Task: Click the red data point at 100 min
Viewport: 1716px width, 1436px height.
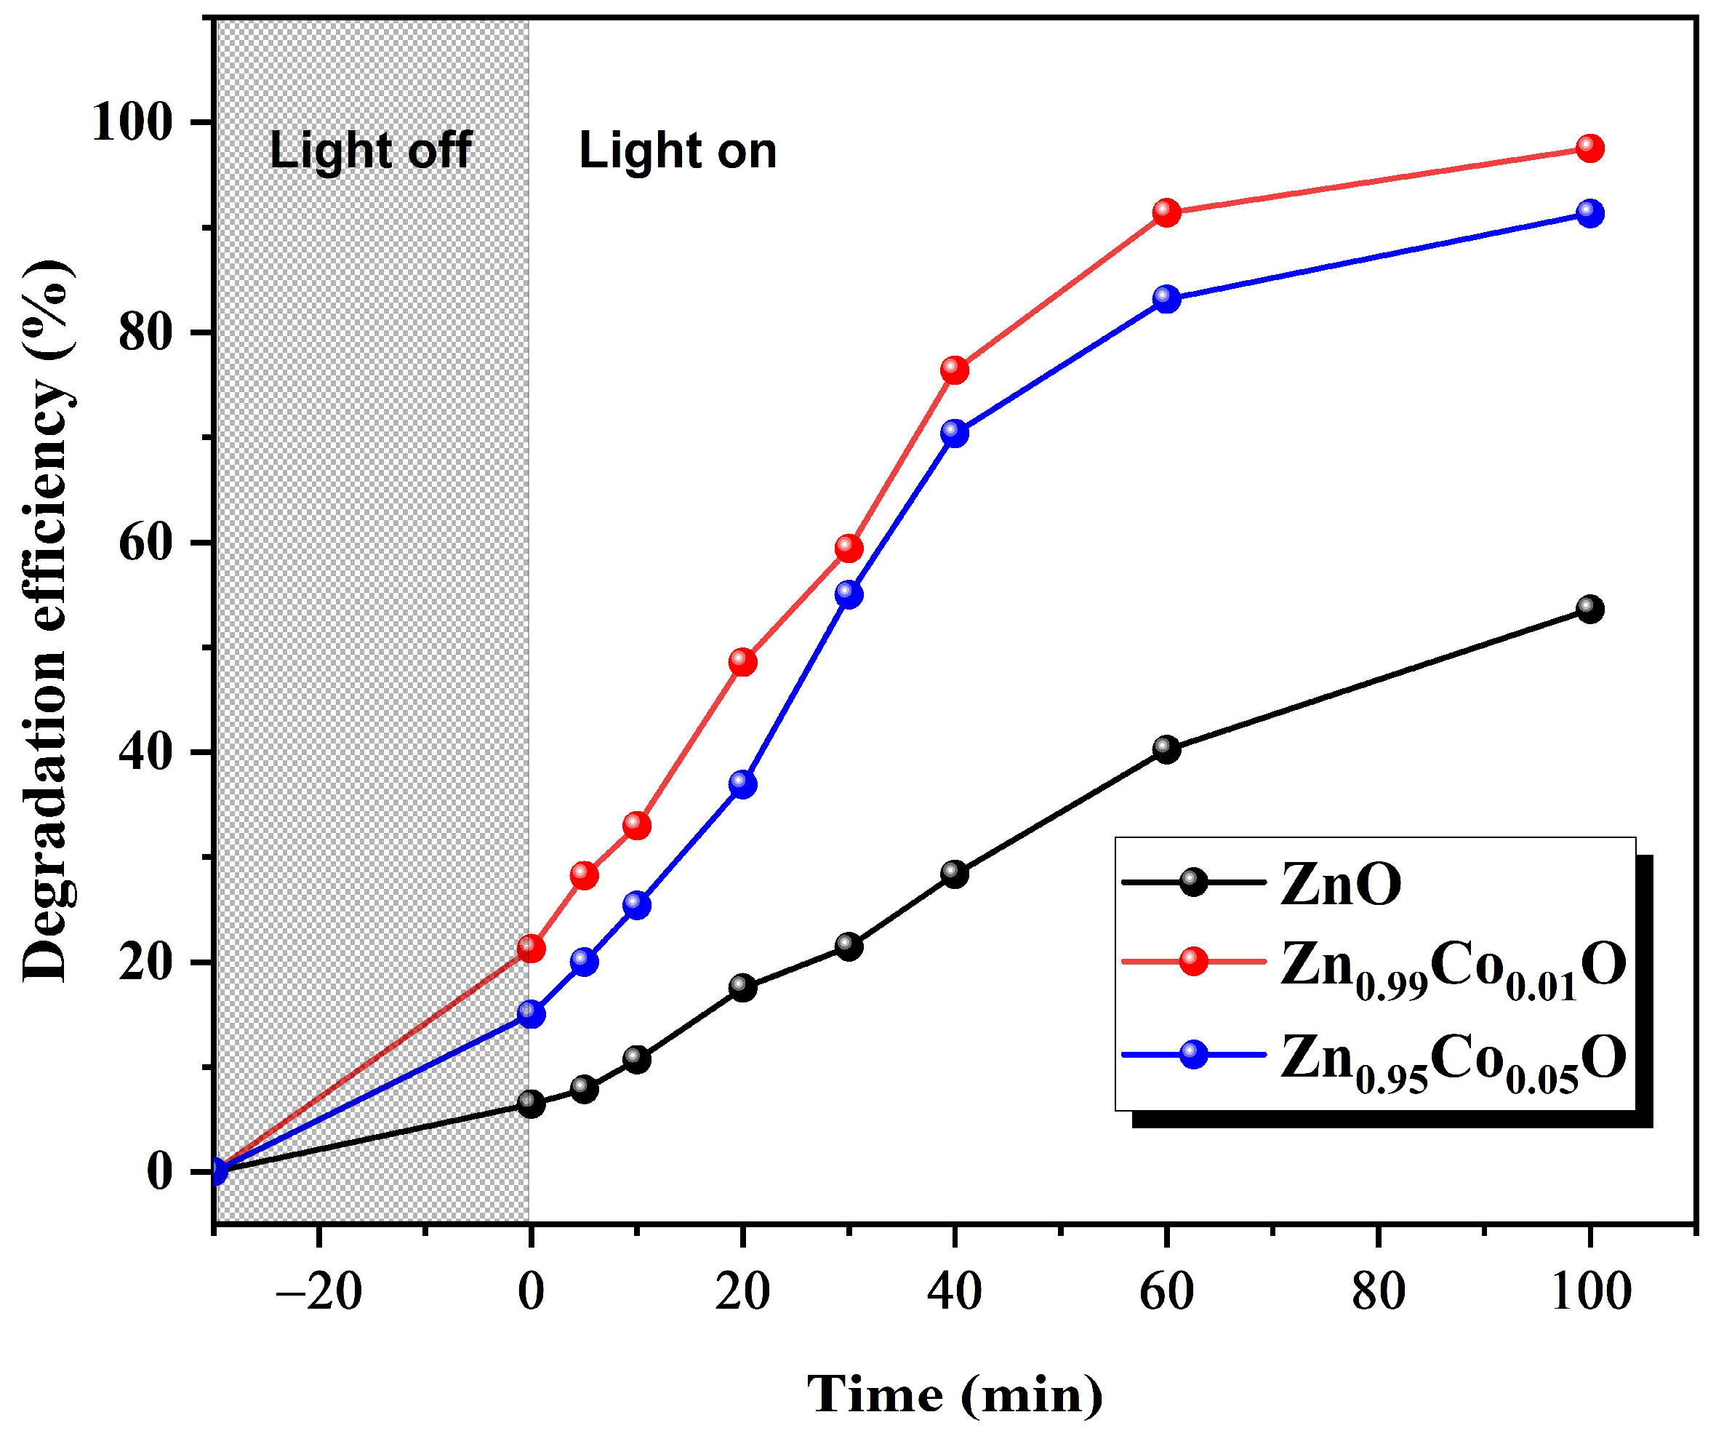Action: tap(1589, 148)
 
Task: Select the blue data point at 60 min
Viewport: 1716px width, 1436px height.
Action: tap(1166, 299)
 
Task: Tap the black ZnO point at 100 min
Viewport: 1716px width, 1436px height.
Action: tap(1589, 609)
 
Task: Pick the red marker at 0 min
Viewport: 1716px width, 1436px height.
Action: tap(531, 949)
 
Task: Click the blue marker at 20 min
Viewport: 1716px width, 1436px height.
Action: tap(742, 783)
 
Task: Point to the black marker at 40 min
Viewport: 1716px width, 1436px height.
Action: tap(953, 874)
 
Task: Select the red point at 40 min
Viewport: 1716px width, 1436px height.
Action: tap(953, 370)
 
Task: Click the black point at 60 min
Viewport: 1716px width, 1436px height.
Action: tap(1166, 749)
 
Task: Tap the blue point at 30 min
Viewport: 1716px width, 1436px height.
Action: tap(849, 594)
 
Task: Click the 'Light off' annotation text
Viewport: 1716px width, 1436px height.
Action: tap(370, 151)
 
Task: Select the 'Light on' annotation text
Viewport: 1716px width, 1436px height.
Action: tap(678, 151)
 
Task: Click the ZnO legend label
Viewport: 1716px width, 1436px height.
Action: tap(1340, 885)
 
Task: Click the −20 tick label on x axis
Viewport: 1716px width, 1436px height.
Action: tap(318, 1293)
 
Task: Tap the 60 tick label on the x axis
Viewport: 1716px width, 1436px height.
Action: tap(1166, 1293)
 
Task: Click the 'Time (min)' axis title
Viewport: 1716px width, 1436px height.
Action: tap(955, 1395)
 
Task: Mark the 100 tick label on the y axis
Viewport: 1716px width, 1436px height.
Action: tap(133, 123)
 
